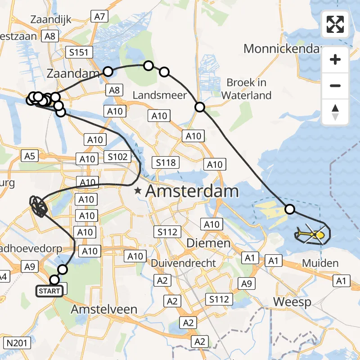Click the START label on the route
(x=49, y=291)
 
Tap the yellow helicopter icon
(x=310, y=234)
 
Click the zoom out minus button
(x=335, y=86)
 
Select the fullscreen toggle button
(x=335, y=24)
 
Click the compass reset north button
(x=335, y=112)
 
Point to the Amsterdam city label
(x=192, y=191)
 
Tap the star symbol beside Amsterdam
(x=138, y=191)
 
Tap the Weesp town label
(x=292, y=301)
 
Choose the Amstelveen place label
(x=104, y=310)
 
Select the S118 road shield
(x=166, y=162)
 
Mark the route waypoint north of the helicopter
(x=290, y=209)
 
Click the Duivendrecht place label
(x=184, y=263)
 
